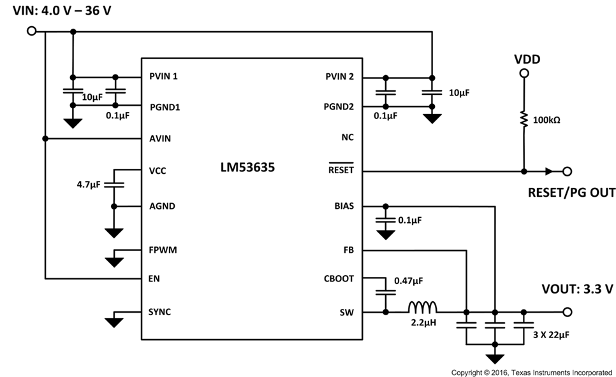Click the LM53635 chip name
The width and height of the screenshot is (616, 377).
click(x=249, y=169)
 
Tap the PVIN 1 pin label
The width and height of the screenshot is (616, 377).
click(x=163, y=76)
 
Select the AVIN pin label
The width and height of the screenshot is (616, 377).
click(x=159, y=138)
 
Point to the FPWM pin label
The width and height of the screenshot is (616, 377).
click(x=163, y=250)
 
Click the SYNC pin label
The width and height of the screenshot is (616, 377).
click(x=159, y=312)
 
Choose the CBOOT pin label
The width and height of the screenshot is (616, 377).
click(x=339, y=278)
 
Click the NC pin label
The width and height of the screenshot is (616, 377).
click(x=348, y=138)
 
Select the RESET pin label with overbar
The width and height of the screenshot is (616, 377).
click(x=341, y=171)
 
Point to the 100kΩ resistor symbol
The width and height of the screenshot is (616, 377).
click(x=524, y=120)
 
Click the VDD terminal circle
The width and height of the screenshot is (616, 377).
click(x=524, y=74)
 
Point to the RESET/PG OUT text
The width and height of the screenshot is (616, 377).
click(x=571, y=192)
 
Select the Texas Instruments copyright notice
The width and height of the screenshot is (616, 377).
click(x=531, y=371)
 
